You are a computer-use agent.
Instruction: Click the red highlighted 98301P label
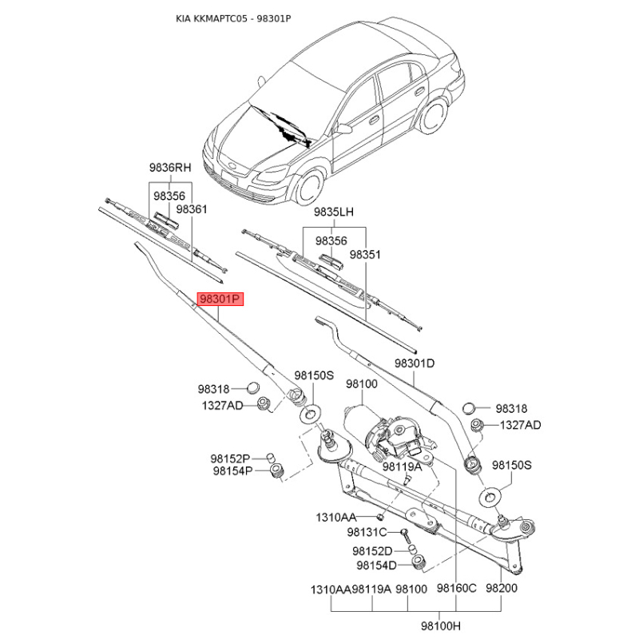point(220,299)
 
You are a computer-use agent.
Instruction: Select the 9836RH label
point(170,168)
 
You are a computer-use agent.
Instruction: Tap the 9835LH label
point(334,212)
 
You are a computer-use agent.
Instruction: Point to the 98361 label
point(192,209)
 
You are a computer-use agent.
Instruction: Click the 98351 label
point(365,254)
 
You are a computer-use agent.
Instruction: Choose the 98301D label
point(415,363)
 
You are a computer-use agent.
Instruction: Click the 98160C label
point(456,588)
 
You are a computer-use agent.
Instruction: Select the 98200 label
point(502,588)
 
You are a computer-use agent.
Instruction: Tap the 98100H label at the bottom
point(441,625)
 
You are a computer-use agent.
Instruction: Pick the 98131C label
point(367,532)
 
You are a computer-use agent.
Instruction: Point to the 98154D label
point(376,566)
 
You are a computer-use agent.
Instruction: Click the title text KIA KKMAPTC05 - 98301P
point(233,18)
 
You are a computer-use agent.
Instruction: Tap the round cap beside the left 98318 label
point(253,387)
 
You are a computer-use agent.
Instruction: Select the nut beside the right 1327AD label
point(475,425)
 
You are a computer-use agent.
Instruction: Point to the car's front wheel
point(308,189)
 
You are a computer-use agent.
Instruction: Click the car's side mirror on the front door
point(343,129)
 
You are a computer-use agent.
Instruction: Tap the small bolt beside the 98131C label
point(405,535)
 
